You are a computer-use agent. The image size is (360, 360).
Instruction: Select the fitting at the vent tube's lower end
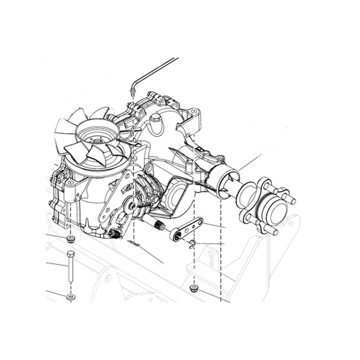pos(131,91)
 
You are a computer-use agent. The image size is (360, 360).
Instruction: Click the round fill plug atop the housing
pos(156,123)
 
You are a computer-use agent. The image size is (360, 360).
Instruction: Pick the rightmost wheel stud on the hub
pos(291,201)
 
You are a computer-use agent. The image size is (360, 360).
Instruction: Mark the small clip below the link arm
pos(192,244)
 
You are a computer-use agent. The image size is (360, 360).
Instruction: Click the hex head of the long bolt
pos(70,255)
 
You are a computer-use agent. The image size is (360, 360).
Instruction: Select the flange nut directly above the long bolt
pos(71,239)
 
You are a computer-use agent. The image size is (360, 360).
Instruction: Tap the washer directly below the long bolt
pos(70,296)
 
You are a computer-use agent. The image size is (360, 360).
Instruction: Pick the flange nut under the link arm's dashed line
pos(193,288)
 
